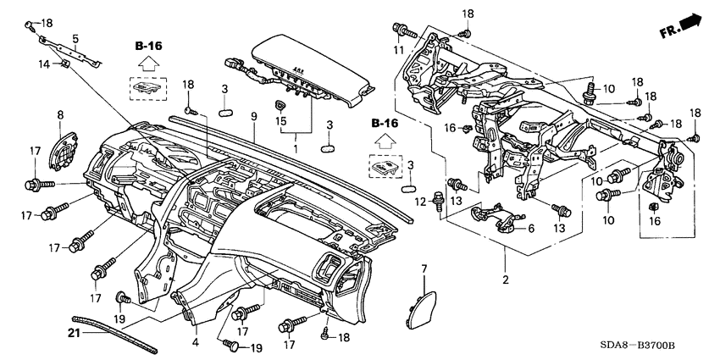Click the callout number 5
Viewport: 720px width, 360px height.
click(75, 38)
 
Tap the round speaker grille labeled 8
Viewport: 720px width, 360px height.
click(61, 149)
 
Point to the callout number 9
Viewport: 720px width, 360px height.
click(252, 115)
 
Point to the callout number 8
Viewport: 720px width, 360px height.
click(60, 114)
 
